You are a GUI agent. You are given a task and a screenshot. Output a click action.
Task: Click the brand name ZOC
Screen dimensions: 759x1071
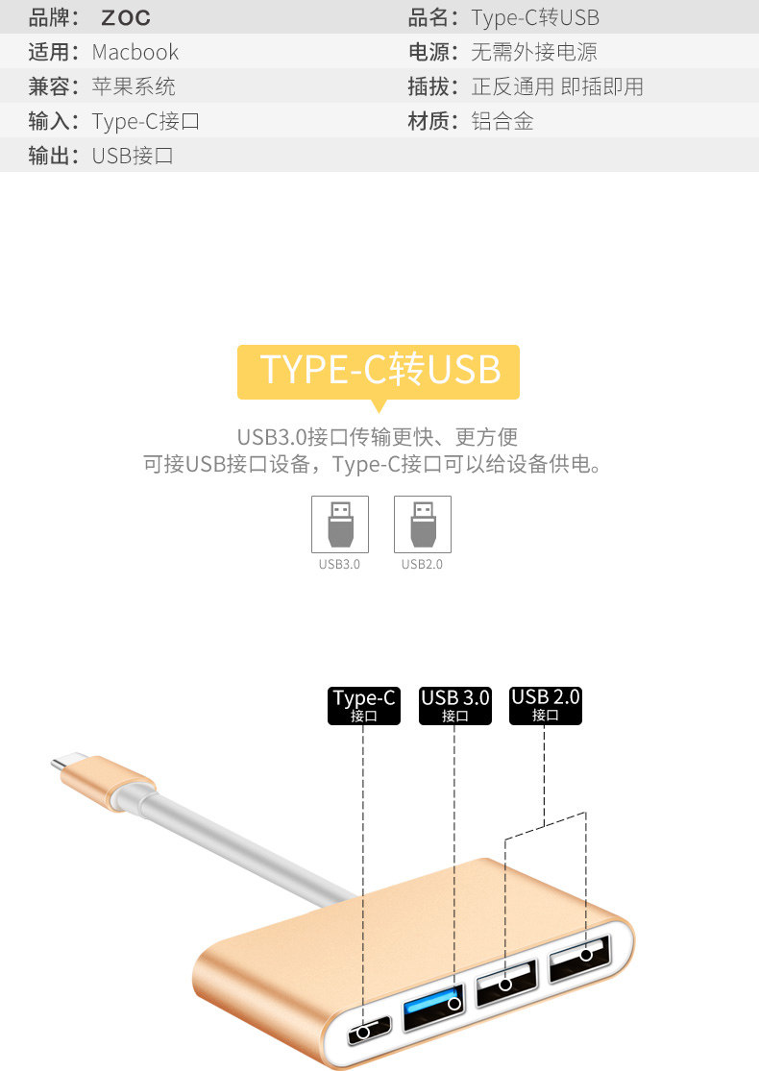pyautogui.click(x=126, y=18)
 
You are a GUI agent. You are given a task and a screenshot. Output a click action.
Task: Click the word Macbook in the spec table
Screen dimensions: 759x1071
pyautogui.click(x=135, y=53)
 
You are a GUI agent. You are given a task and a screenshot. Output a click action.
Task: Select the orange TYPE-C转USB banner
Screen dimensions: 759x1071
pyautogui.click(x=379, y=371)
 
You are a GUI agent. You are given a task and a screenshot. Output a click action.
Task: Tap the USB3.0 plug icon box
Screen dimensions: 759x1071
pyautogui.click(x=339, y=523)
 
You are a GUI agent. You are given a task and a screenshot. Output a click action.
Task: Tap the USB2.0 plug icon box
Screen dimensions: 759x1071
pyautogui.click(x=422, y=523)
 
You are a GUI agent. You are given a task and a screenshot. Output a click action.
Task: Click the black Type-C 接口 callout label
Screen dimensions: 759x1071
pyautogui.click(x=364, y=705)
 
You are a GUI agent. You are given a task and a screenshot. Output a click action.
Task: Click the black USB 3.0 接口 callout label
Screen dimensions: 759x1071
pyautogui.click(x=455, y=705)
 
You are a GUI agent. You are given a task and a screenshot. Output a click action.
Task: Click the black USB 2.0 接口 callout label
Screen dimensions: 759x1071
pyautogui.click(x=546, y=705)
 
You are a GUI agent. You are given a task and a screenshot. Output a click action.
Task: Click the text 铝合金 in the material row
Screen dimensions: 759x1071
pyautogui.click(x=502, y=121)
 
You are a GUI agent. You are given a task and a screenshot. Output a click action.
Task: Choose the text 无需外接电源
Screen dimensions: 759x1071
pyautogui.click(x=534, y=53)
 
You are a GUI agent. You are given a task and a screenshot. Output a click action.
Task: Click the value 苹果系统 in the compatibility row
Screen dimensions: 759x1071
pyautogui.click(x=134, y=86)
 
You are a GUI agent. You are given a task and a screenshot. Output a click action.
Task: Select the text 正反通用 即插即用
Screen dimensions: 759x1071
pyautogui.click(x=557, y=86)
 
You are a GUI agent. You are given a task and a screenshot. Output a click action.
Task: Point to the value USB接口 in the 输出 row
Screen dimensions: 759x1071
pyautogui.click(x=133, y=156)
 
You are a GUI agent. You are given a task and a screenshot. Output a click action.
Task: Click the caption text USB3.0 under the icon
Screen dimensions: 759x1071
pyautogui.click(x=339, y=564)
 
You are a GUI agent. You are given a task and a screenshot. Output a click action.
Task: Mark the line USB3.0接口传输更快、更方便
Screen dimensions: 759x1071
pyautogui.click(x=378, y=437)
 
